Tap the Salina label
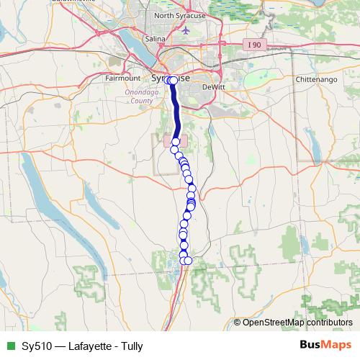click(x=155, y=39)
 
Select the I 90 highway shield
click(x=253, y=45)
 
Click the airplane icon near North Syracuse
click(x=186, y=31)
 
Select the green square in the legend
click(x=9, y=346)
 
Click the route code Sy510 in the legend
click(x=36, y=346)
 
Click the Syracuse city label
click(x=171, y=77)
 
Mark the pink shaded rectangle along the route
click(x=176, y=140)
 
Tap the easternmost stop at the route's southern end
click(x=189, y=261)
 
